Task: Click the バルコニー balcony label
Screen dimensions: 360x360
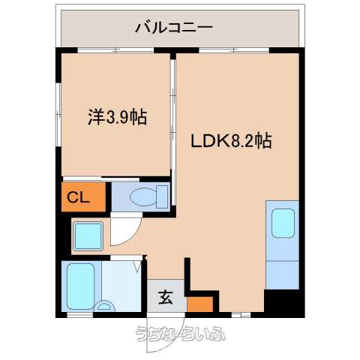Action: pos(174,27)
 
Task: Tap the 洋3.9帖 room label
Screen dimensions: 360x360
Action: pos(117,117)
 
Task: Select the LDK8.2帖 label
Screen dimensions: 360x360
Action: pos(231,141)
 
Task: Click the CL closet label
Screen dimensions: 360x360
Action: pos(78,198)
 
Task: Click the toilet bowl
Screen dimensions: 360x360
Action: pos(143,196)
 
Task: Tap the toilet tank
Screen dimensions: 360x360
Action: pos(162,196)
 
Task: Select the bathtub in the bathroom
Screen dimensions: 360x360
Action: pos(81,286)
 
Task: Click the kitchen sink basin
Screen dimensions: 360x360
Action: pos(283,223)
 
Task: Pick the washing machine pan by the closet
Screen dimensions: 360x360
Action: pos(88,236)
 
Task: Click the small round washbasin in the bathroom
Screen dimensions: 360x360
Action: pos(105,306)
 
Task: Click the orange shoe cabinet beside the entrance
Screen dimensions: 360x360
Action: pos(200,304)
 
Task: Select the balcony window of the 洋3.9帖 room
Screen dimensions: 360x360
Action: pos(115,50)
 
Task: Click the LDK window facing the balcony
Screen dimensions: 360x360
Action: pos(234,50)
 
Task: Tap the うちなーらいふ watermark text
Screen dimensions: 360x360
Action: pos(181,334)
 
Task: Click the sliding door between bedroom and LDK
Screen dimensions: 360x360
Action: pos(173,130)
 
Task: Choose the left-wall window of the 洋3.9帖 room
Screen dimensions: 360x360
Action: pos(58,114)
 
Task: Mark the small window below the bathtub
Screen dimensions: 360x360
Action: pos(80,314)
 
